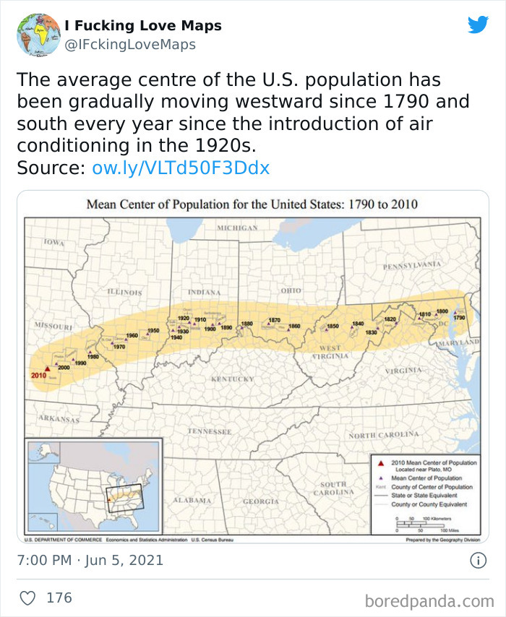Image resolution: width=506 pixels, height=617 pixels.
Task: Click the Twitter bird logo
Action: [478, 25]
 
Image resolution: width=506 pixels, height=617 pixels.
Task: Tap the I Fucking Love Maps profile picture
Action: [38, 34]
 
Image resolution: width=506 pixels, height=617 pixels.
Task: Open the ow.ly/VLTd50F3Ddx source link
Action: [181, 168]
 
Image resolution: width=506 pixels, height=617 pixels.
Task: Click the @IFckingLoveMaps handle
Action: [130, 45]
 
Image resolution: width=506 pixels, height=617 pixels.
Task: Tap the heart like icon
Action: [28, 598]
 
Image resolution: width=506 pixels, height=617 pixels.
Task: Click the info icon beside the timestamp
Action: [478, 560]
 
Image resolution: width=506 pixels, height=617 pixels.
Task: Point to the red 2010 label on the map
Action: [38, 375]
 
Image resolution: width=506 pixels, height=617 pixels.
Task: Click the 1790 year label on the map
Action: [459, 318]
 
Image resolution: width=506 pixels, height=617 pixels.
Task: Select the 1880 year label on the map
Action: [247, 324]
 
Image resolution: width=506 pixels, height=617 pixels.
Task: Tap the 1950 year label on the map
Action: [153, 330]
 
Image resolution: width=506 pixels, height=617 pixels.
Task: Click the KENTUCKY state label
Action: [231, 379]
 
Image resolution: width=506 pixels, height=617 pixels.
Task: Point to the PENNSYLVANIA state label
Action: [412, 265]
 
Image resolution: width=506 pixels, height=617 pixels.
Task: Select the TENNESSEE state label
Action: [209, 431]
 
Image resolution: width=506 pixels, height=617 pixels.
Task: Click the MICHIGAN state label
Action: [237, 228]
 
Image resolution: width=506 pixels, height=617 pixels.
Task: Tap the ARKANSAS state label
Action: [59, 418]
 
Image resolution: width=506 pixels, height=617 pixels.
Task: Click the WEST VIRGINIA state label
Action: [330, 352]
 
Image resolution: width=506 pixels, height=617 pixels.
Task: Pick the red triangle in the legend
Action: [380, 462]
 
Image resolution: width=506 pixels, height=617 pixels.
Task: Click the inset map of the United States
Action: [93, 486]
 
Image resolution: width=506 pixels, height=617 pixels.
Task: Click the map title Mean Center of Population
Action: [252, 204]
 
